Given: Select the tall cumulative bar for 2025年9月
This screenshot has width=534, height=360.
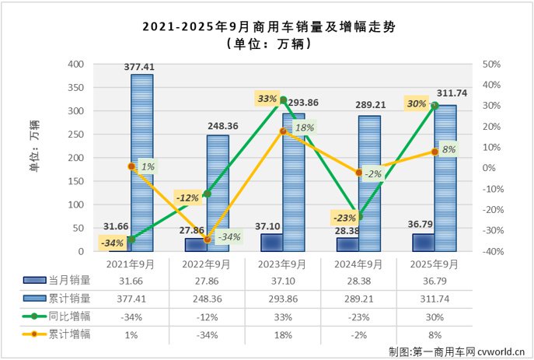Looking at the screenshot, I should click(445, 178).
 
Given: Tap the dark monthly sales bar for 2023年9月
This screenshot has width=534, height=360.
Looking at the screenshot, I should click(272, 243).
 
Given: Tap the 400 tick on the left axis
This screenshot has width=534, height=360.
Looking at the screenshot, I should click(76, 65).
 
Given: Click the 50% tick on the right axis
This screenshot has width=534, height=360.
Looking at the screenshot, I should click(491, 65).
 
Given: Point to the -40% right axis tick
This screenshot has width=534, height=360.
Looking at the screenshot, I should click(491, 252).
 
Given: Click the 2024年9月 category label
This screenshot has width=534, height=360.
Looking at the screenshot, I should click(358, 264).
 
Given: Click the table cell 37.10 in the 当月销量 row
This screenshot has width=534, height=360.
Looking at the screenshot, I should click(282, 281).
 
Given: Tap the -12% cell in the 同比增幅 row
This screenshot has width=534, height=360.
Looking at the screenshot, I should click(206, 316).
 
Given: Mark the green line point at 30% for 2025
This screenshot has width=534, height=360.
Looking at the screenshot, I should click(435, 106).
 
